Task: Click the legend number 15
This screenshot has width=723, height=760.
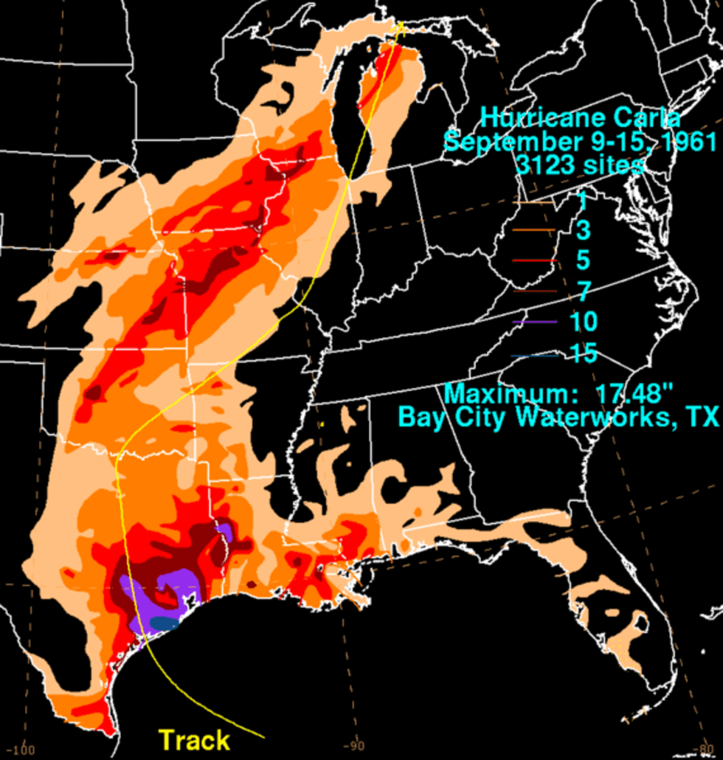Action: [584, 353]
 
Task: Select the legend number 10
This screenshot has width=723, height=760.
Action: [584, 322]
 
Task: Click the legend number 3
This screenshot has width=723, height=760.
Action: [584, 231]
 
